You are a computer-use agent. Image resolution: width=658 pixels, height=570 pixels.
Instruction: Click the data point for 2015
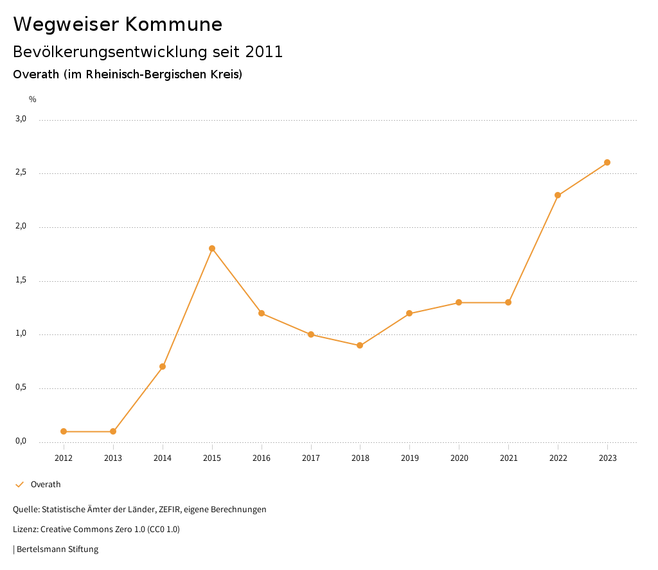pyautogui.click(x=212, y=248)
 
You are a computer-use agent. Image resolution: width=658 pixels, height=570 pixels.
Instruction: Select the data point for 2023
pyautogui.click(x=607, y=162)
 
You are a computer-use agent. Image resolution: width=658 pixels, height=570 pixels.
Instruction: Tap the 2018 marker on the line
pyautogui.click(x=360, y=345)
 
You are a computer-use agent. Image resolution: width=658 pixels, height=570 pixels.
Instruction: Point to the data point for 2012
pyautogui.click(x=64, y=431)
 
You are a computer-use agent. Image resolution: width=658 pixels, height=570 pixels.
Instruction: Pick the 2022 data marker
pyautogui.click(x=558, y=195)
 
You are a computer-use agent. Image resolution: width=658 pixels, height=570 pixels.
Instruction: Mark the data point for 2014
pyautogui.click(x=163, y=367)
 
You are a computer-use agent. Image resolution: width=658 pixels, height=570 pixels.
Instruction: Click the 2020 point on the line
pyautogui.click(x=459, y=302)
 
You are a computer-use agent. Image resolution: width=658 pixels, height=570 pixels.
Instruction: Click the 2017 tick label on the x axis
pyautogui.click(x=311, y=458)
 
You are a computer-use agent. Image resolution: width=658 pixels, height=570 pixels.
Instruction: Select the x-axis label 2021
pyautogui.click(x=508, y=458)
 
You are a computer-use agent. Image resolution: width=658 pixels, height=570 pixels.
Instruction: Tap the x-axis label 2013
pyautogui.click(x=113, y=458)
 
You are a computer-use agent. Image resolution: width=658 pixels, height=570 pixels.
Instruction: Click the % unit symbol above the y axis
pyautogui.click(x=33, y=99)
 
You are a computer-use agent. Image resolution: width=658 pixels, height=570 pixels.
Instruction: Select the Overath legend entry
pyautogui.click(x=46, y=485)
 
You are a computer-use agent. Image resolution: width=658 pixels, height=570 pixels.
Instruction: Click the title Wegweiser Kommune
pyautogui.click(x=118, y=24)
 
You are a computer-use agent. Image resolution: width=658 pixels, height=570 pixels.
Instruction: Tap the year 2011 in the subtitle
pyautogui.click(x=263, y=52)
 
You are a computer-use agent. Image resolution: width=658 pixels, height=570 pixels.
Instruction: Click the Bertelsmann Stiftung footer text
pyautogui.click(x=57, y=549)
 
